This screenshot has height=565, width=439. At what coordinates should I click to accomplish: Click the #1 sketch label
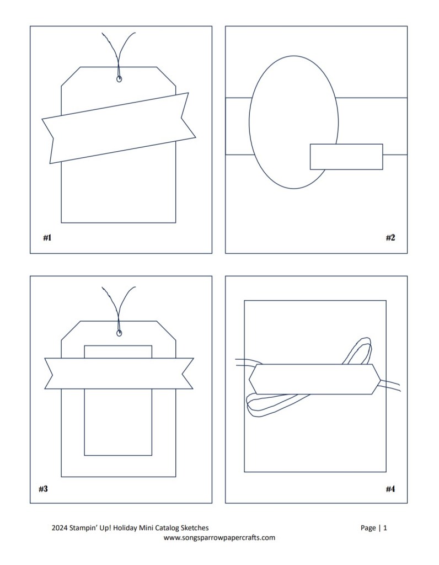pos(47,237)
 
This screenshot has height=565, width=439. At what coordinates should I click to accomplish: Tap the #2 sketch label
pos(390,237)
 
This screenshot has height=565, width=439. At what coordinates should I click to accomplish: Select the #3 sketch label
pos(43,489)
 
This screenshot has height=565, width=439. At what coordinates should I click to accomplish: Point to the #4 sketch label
pos(390,489)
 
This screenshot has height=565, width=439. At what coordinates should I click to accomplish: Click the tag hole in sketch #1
pos(119,79)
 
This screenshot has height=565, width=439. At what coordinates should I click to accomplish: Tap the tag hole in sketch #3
pos(119,333)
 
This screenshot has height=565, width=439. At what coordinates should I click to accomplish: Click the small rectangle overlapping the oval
pos(346,157)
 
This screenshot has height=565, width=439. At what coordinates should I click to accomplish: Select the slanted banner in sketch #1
pos(119,128)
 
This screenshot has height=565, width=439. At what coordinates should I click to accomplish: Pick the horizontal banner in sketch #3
pos(119,374)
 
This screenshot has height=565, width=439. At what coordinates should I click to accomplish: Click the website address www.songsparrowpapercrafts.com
pos(219,537)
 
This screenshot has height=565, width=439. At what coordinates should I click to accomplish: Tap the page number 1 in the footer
pos(385,528)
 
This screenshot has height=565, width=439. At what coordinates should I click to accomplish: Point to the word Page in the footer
pos(368,528)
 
